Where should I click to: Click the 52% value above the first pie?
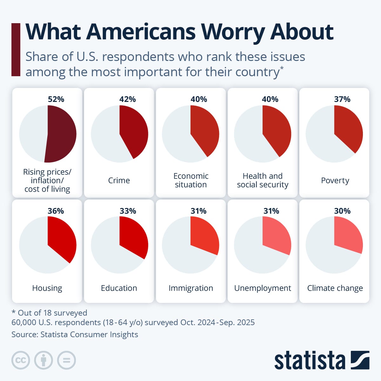click(x=56, y=99)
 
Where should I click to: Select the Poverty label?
click(x=335, y=180)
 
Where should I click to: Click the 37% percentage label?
click(x=342, y=99)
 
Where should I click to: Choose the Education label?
click(x=119, y=288)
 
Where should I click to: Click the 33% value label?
click(x=128, y=211)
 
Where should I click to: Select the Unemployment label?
click(x=263, y=288)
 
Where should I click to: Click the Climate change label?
click(x=335, y=288)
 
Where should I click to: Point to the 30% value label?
click(x=342, y=211)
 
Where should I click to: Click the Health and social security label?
click(x=263, y=180)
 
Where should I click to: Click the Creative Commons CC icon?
click(x=21, y=360)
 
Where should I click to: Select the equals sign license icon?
click(x=66, y=360)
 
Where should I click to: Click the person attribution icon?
click(x=43, y=360)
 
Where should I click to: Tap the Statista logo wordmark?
click(x=310, y=360)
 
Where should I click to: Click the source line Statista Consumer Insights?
click(x=75, y=334)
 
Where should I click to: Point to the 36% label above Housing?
click(x=56, y=211)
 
